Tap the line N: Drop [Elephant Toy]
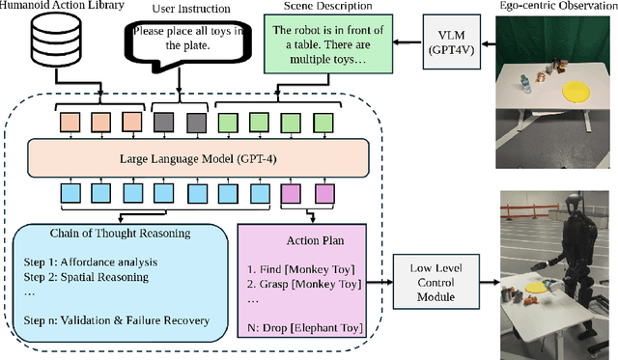click(304, 329)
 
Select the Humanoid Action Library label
click(67, 7)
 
